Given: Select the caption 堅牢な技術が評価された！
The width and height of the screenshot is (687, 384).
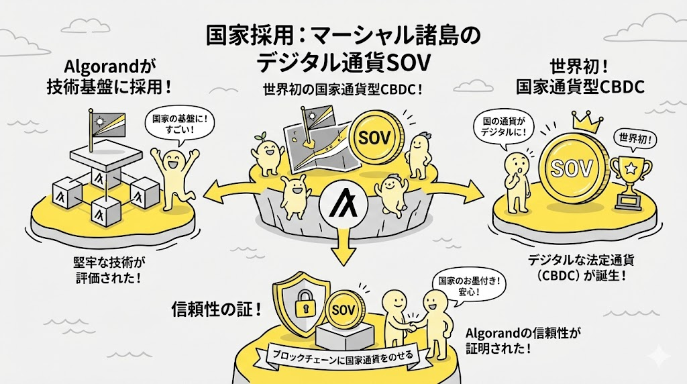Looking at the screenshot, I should (x=107, y=269).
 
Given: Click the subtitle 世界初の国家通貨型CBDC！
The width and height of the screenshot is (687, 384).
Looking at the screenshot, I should (x=343, y=91).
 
